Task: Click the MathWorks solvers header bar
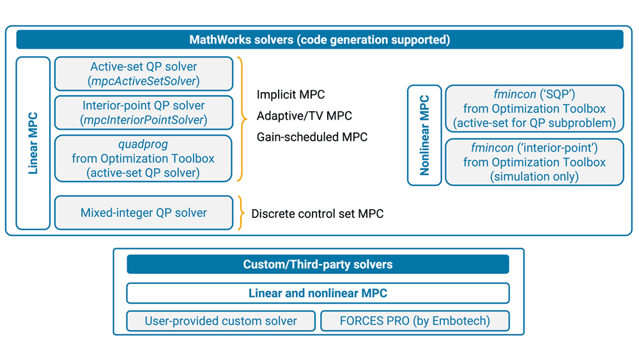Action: [319, 40]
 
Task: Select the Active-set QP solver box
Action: [144, 74]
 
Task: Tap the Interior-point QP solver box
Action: [144, 113]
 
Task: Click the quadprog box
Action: [144, 158]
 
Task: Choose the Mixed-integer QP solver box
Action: [144, 213]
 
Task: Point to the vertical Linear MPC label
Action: [33, 143]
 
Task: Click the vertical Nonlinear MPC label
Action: [424, 135]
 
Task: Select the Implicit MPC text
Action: [291, 95]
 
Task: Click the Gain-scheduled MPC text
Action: [312, 137]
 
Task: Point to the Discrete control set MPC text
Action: [318, 214]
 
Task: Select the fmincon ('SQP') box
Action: [534, 109]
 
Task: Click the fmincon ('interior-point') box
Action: [534, 162]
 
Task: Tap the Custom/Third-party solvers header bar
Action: [318, 264]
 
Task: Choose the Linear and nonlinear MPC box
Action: [318, 293]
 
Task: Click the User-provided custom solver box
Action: [221, 321]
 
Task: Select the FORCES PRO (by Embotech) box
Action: [415, 321]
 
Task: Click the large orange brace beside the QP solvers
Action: [242, 118]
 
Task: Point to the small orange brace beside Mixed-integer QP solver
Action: [241, 213]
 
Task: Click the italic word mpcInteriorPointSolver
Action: [144, 120]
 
